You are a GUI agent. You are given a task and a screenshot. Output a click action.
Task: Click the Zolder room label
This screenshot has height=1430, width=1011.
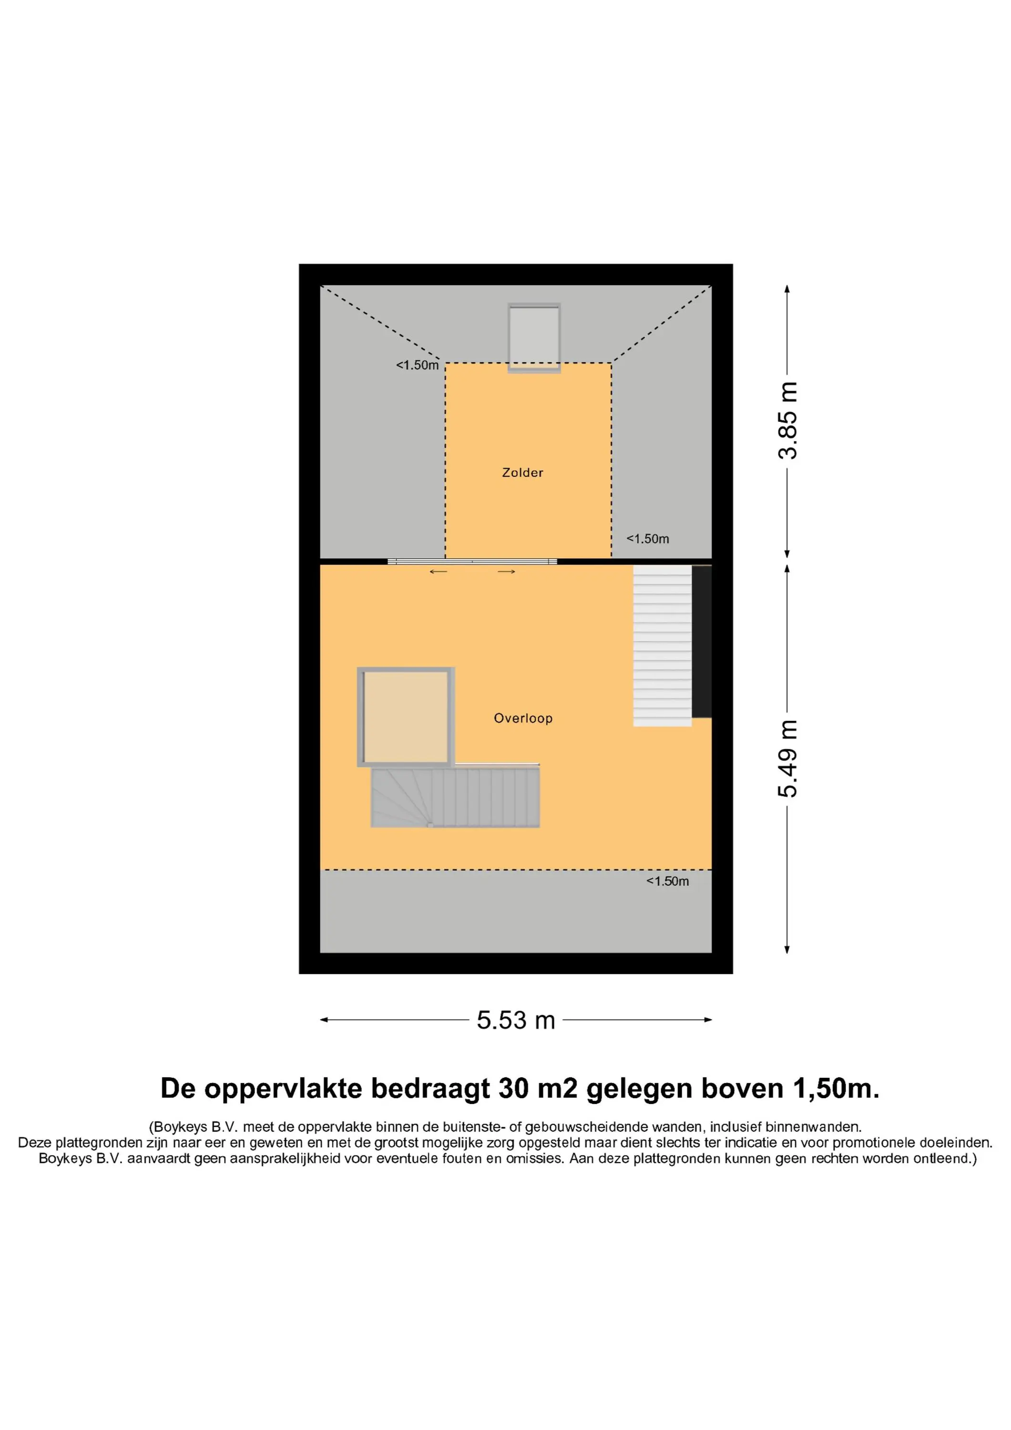(522, 473)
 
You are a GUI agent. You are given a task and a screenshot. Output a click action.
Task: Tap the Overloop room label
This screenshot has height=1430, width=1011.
(523, 718)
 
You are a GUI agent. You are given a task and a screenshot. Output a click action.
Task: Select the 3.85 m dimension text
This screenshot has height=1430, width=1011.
(788, 421)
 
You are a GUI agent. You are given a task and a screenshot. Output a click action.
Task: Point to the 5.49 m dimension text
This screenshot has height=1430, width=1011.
(788, 758)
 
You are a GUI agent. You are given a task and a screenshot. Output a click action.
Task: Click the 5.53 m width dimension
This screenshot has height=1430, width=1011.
(516, 1020)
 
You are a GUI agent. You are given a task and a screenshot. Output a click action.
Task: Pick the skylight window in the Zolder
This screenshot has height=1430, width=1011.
(534, 338)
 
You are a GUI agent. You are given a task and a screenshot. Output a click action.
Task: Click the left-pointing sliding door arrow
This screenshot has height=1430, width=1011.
(439, 572)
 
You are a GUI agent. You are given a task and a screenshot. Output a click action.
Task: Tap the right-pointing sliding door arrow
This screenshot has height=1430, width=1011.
(506, 572)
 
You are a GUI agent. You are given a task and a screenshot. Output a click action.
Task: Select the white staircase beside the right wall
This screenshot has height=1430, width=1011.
(662, 646)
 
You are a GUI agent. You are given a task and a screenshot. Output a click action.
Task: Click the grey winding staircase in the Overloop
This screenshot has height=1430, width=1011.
(455, 798)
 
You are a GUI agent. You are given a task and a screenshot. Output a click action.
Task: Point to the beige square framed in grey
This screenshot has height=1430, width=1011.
(406, 717)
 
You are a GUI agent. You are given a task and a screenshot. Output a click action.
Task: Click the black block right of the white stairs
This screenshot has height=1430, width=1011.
(702, 642)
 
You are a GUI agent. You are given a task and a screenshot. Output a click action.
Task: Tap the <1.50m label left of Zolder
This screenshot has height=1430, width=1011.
(418, 366)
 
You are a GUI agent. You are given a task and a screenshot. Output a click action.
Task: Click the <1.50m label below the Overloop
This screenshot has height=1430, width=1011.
(668, 881)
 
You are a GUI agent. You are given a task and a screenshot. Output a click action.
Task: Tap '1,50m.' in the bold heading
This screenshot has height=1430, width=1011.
(836, 1089)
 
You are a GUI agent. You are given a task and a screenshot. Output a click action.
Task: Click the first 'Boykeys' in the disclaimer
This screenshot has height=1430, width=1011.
(180, 1127)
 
